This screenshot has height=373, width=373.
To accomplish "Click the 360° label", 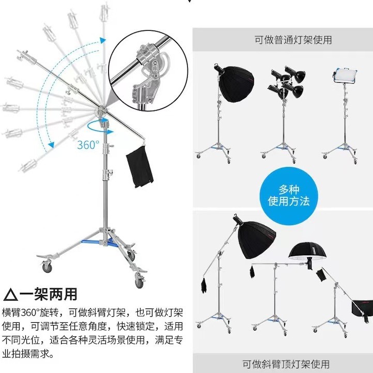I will pyautogui.click(x=88, y=145).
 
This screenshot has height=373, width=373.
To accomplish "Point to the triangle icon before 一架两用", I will pyautogui.click(x=10, y=295).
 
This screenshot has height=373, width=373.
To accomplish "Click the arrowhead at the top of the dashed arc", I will pyautogui.click(x=103, y=40).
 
